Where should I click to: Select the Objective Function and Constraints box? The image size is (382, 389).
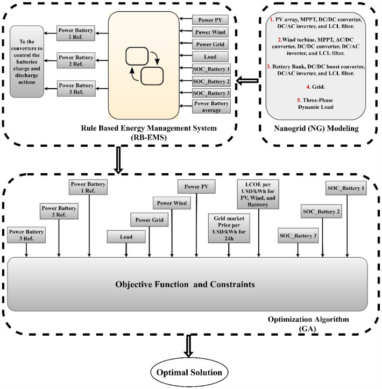coord(187,283)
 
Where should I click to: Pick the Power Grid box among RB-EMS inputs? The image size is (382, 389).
coord(211,43)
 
